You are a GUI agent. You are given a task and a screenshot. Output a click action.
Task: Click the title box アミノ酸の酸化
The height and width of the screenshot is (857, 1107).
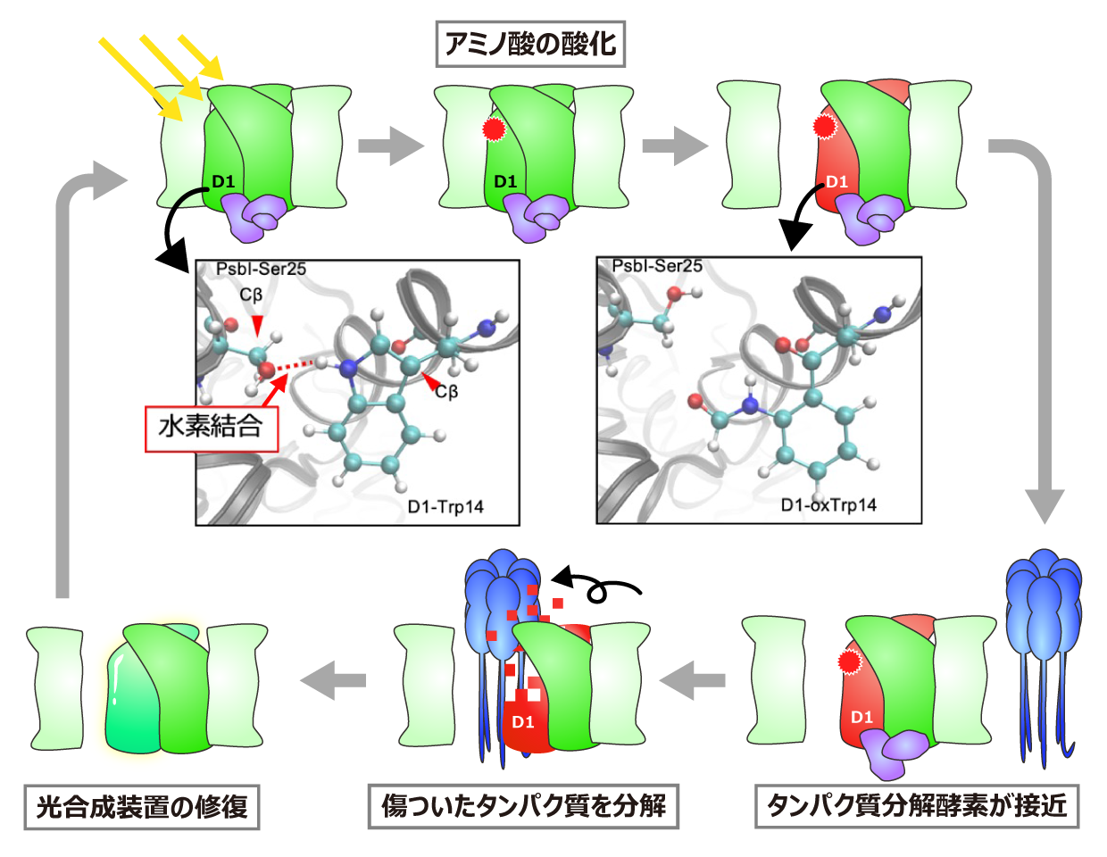point(530,44)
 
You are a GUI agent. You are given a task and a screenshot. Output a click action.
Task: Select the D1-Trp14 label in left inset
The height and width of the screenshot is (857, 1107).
point(445,507)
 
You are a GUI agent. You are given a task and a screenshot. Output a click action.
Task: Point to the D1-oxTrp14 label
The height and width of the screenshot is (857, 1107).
point(828,505)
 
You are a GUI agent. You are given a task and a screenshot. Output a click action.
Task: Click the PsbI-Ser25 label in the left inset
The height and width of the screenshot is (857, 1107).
point(261,269)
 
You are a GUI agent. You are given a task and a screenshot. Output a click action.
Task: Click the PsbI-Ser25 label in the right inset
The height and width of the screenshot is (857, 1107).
point(657,266)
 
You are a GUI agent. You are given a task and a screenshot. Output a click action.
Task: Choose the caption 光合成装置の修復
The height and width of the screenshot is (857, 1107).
point(142,807)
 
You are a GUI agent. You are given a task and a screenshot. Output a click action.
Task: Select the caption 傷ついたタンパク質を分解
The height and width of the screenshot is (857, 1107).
point(524,806)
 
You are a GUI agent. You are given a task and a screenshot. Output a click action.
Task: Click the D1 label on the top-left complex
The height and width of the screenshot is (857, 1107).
point(223,182)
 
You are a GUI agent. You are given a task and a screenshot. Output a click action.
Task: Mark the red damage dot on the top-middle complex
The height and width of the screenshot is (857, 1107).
point(493,129)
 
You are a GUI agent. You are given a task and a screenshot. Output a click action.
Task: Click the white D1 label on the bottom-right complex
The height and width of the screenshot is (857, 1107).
point(861,717)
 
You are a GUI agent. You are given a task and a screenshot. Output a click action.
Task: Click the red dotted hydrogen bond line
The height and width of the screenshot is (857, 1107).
point(294,364)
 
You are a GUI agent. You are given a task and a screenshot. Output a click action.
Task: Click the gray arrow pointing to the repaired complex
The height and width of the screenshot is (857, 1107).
point(333,680)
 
